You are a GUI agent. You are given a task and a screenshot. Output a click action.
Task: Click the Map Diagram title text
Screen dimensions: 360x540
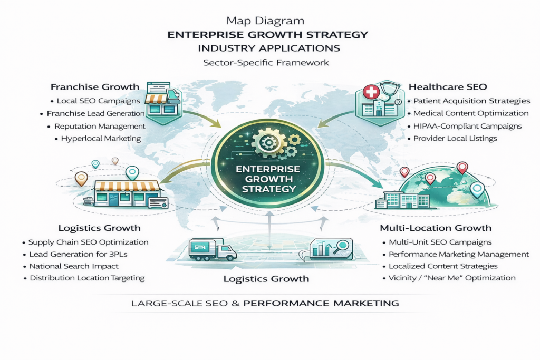pos(265,22)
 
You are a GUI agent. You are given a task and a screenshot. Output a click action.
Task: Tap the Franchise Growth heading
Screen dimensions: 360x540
pos(95,86)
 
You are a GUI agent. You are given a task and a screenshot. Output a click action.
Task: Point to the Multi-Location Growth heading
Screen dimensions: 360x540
pos(436,228)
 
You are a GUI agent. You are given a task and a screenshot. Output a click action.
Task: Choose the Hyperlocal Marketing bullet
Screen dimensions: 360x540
pos(101,139)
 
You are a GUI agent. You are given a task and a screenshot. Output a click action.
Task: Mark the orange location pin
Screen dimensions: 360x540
pos(81,178)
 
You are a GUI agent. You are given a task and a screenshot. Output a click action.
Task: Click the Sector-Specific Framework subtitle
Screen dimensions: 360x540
pos(266,62)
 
